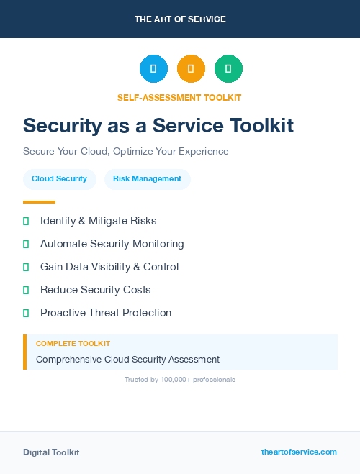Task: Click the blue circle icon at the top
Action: [153, 69]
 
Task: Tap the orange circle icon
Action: [191, 69]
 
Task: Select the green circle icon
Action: [228, 69]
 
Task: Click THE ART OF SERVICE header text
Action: [180, 19]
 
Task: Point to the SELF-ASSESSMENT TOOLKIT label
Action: [179, 97]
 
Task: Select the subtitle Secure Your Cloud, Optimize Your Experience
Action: [126, 152]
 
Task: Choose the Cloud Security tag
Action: [59, 179]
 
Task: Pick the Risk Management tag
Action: [147, 179]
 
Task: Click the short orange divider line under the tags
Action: [39, 202]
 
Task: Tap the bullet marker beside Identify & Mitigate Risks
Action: [26, 221]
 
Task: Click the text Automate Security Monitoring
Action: [112, 244]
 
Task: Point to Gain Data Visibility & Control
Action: [109, 267]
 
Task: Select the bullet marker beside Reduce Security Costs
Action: [26, 290]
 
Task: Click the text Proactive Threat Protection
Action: [106, 313]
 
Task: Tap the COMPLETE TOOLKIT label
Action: [73, 344]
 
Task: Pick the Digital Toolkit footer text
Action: [51, 452]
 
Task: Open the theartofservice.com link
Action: [299, 452]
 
